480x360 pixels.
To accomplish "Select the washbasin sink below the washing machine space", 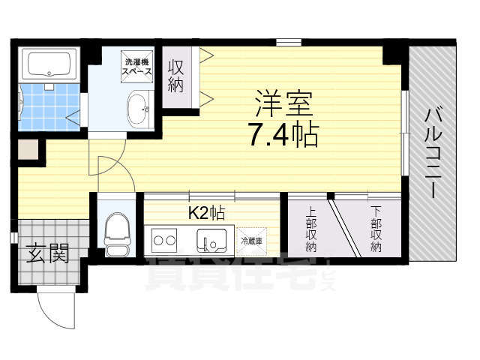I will tap(138, 109).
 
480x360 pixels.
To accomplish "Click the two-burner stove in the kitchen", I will tap(165, 241).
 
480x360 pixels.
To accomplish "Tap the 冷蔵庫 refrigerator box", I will tap(251, 241).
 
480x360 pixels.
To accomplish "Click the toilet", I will tap(117, 232).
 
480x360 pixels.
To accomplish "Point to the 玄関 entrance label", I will tap(49, 255).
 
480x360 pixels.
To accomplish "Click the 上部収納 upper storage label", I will tap(311, 233).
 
